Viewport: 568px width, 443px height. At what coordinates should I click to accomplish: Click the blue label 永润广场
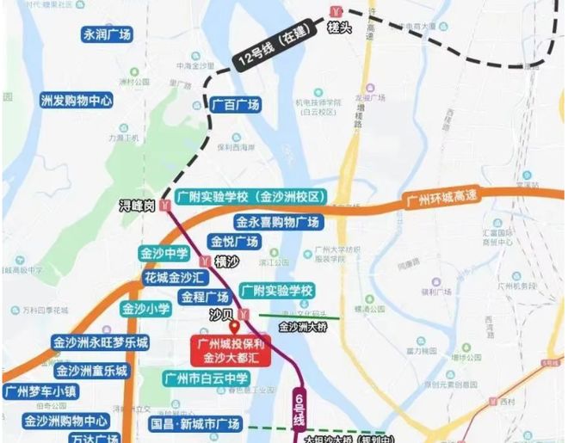click(x=107, y=35)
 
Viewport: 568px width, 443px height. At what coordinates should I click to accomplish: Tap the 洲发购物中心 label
click(x=77, y=100)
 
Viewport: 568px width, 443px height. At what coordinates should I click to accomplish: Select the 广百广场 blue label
click(x=235, y=104)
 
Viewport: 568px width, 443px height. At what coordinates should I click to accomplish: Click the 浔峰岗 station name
click(x=137, y=206)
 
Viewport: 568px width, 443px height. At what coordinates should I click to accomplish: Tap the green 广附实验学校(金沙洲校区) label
click(x=250, y=197)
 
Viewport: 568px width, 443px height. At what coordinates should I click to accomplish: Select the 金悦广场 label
click(x=234, y=242)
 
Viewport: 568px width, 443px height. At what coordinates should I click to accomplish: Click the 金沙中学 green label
click(x=164, y=255)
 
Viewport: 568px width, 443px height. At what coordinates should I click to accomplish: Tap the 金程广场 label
click(x=206, y=297)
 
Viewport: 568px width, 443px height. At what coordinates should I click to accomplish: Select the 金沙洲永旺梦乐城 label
click(x=100, y=342)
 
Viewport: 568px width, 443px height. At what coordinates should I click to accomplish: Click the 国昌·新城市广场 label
click(x=194, y=425)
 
